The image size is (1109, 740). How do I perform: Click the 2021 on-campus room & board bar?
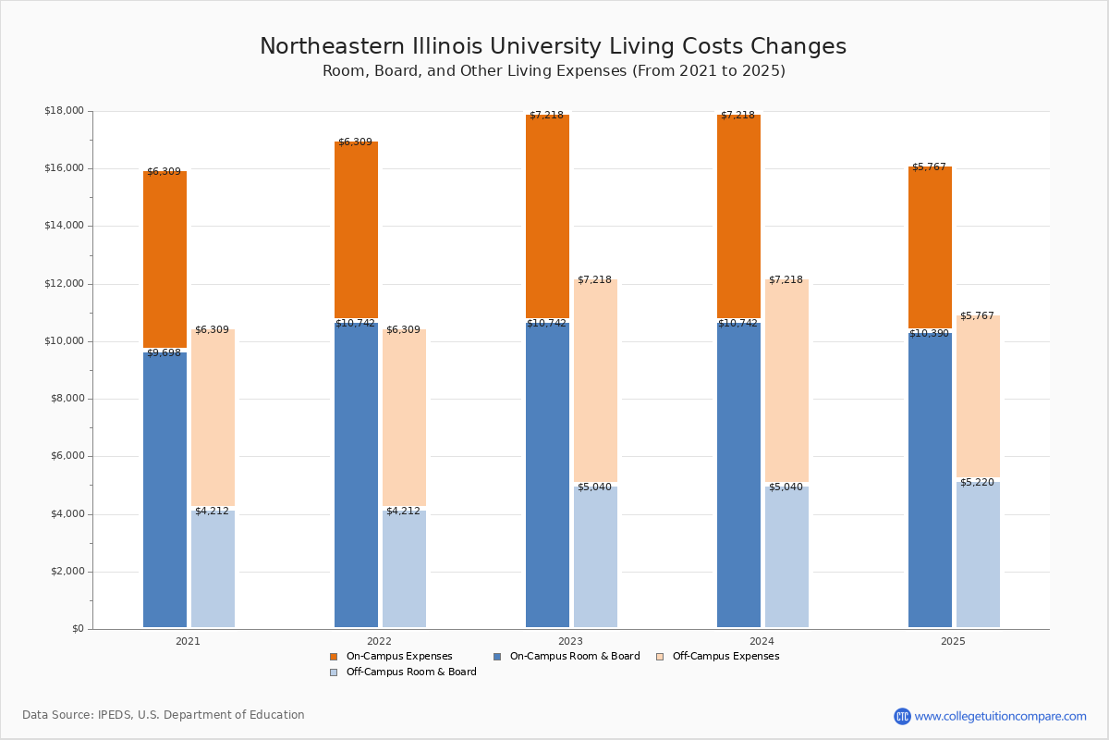point(165,489)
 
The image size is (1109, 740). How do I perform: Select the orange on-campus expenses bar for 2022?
point(356,229)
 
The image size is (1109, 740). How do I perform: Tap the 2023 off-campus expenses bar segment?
point(595,380)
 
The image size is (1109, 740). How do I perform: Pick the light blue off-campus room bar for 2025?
point(978,554)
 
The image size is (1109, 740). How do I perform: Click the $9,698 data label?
point(165,353)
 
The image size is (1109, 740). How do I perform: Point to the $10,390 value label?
point(929,333)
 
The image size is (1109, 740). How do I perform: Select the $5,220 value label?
point(977,483)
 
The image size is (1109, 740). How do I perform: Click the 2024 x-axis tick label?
point(762,641)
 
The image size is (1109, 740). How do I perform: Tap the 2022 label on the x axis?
point(379,641)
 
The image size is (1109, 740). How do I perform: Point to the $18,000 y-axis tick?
point(64,111)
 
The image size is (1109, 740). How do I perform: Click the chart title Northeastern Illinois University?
point(553,47)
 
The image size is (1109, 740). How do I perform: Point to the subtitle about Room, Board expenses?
point(554,71)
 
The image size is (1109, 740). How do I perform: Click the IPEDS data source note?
point(164,715)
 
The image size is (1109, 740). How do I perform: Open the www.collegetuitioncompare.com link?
point(1000,716)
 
